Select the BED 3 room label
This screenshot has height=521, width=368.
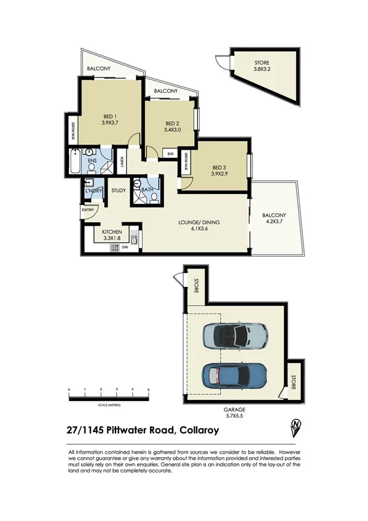tap(219, 168)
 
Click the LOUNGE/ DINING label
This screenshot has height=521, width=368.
tap(199, 222)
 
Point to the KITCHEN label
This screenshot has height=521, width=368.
tap(112, 232)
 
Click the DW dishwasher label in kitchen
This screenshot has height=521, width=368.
tap(125, 248)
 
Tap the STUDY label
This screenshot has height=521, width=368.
tap(119, 190)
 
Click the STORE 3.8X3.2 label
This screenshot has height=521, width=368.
tap(262, 66)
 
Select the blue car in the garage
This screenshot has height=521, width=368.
tap(235, 373)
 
